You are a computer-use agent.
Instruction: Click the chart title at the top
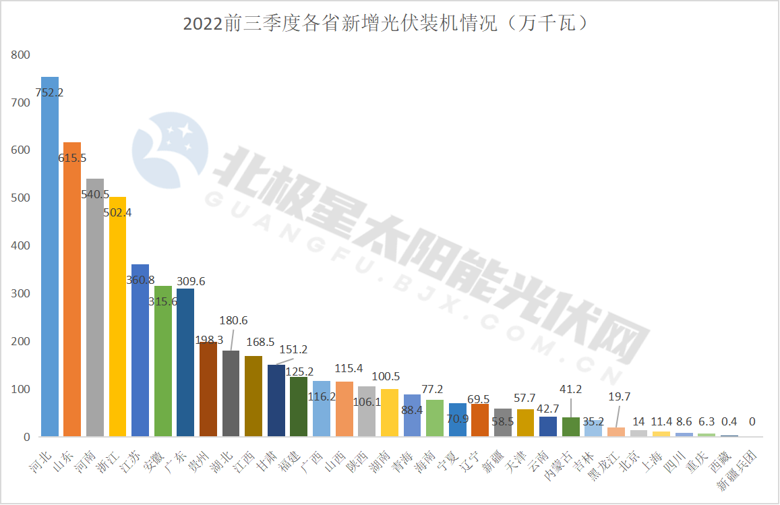pos(389,24)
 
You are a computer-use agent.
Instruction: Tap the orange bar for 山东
pos(72,290)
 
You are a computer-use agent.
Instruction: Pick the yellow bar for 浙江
pos(118,317)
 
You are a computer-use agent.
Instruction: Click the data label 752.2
pos(50,92)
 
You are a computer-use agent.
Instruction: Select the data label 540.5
pos(95,194)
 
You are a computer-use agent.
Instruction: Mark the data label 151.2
pos(293,349)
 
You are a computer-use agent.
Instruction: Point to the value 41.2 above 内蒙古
pos(572,388)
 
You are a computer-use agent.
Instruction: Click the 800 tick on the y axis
pos(21,55)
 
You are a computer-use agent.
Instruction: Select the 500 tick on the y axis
pos(21,198)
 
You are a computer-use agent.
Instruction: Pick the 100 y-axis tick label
pos(21,389)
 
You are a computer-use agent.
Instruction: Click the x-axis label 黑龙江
pos(605,462)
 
